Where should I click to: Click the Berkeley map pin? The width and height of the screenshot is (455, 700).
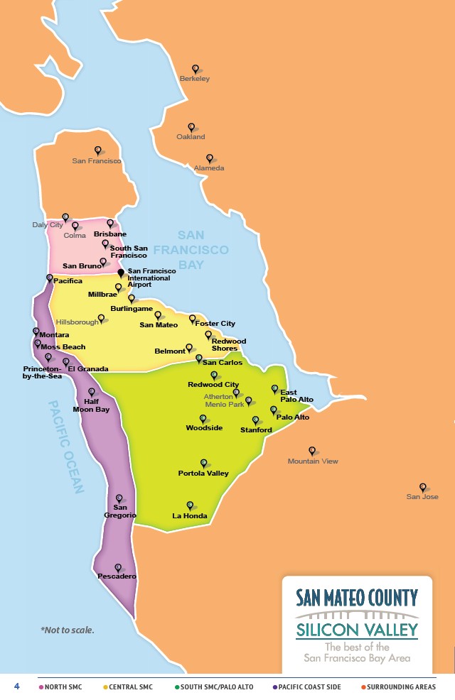coord(195,69)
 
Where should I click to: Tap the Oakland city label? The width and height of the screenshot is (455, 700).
coord(191,136)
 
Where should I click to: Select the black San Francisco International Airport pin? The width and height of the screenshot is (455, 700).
coord(121,273)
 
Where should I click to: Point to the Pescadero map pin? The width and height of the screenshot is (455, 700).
coord(118,567)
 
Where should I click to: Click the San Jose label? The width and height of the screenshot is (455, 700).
coord(422,497)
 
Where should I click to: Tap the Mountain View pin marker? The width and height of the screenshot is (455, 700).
coord(311,450)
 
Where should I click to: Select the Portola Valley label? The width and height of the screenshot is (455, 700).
coord(203,474)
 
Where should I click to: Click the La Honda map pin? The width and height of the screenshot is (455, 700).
coord(190,505)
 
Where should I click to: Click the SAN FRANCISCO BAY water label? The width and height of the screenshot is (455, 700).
coord(191,250)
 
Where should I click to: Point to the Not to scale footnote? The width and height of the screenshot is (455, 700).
coord(68,630)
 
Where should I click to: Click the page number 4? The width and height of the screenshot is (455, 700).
coord(16,687)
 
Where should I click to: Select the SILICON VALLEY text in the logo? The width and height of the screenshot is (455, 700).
coord(357,630)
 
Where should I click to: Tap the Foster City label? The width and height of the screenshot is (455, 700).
coord(215,324)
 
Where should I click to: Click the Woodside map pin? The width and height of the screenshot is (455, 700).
coord(203,419)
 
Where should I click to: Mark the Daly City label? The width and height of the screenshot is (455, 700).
coord(47,225)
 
